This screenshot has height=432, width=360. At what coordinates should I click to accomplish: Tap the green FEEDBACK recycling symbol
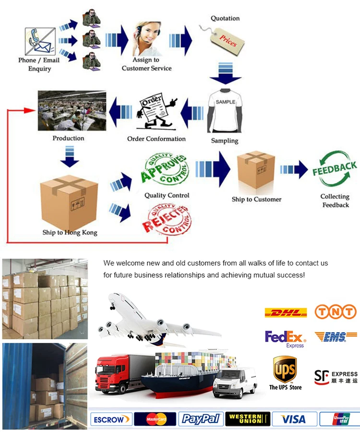(x=335, y=170)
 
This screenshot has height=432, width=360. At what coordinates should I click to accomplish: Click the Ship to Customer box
(x=256, y=171)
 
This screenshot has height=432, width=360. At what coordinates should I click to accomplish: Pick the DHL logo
(x=286, y=313)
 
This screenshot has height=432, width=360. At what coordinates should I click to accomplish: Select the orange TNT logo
(x=336, y=312)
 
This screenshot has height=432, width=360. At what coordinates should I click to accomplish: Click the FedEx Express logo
(x=286, y=338)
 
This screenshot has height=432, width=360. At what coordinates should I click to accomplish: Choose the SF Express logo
(x=336, y=376)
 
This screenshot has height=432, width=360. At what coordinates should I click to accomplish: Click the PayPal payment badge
(x=200, y=419)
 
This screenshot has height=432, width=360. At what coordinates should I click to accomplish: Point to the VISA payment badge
(x=293, y=419)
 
